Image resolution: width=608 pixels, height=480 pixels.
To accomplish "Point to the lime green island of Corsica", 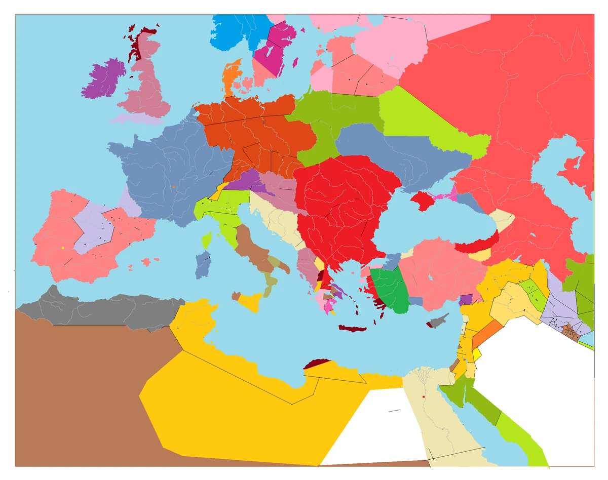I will pos(206,240).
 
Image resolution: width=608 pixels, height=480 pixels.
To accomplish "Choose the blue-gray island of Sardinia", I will pos(203,264).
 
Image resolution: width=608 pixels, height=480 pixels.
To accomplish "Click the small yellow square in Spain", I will pos(62,248).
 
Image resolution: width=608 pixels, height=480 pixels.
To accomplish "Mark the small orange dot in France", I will pos(174,187).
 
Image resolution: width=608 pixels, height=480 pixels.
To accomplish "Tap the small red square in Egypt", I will pos(423,396).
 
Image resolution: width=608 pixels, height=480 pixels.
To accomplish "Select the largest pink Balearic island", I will pos(147,262).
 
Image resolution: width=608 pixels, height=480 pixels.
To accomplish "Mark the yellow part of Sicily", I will pos(250,302).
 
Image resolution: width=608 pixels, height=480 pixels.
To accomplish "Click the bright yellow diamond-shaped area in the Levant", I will pos(477,354).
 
